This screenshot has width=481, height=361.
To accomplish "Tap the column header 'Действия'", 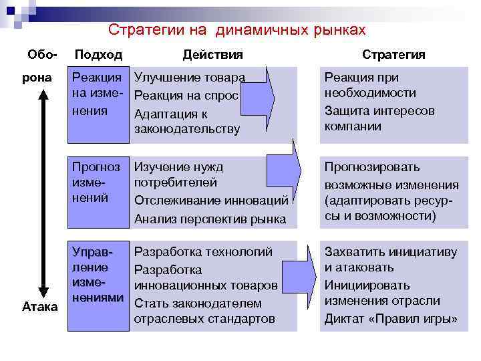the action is [x=213, y=55].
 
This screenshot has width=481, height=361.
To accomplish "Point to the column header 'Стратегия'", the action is [x=393, y=55].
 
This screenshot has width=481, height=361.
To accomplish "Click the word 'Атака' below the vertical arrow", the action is [x=40, y=307].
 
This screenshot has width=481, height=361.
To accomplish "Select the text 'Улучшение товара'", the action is [x=190, y=78].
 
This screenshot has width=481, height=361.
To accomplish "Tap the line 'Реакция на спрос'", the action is [x=186, y=96].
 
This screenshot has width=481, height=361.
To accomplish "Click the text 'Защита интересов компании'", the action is [x=379, y=118].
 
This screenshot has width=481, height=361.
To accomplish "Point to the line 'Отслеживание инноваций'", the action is [x=211, y=200].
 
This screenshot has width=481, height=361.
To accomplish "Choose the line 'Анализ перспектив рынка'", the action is [x=210, y=219].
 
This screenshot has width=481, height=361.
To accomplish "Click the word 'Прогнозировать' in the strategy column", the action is [x=372, y=167].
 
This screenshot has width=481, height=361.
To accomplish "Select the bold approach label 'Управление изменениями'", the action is [x=98, y=275].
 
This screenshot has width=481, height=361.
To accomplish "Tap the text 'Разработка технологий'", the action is [x=204, y=253].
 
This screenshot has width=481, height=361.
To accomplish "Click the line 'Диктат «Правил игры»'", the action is [x=391, y=318].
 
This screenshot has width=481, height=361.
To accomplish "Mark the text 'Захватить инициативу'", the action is [x=391, y=253].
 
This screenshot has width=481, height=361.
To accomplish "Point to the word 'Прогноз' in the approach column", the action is [x=96, y=167].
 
